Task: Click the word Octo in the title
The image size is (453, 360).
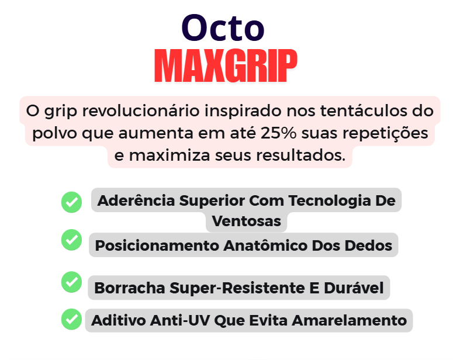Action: (223, 27)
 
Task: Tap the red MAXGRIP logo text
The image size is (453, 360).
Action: (226, 66)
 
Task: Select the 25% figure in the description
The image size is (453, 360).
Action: (278, 133)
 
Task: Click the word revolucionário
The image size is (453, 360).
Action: (141, 111)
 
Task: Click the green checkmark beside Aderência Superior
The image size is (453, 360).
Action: (71, 202)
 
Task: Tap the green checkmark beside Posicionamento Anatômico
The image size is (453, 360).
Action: (71, 240)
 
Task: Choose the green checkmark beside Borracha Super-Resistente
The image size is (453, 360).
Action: (71, 282)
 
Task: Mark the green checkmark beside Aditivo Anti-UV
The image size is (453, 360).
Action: (71, 319)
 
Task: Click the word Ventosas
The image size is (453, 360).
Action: (247, 221)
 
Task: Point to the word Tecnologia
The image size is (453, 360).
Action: (330, 201)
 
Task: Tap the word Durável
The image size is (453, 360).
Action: (354, 288)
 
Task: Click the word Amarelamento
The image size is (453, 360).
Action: (349, 321)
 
